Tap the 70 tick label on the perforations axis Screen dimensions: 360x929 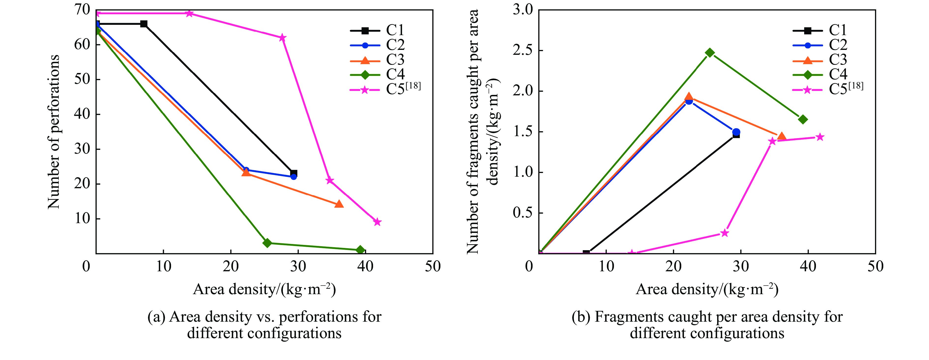pyautogui.click(x=82, y=10)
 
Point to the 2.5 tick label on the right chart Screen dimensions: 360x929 pyautogui.click(x=523, y=51)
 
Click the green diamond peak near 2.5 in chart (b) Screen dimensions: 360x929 pyautogui.click(x=710, y=53)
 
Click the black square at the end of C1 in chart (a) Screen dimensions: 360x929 pyautogui.click(x=293, y=173)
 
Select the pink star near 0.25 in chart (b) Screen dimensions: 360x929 pyautogui.click(x=725, y=233)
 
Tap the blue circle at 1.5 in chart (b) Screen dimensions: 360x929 pyautogui.click(x=736, y=132)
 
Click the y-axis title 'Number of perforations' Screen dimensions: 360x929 pyautogui.click(x=53, y=132)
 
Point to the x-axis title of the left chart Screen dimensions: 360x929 pyautogui.click(x=264, y=289)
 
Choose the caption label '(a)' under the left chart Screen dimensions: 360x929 pyautogui.click(x=156, y=317)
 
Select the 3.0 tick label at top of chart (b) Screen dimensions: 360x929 pyautogui.click(x=523, y=10)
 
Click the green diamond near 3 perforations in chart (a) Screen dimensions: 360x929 pyautogui.click(x=267, y=243)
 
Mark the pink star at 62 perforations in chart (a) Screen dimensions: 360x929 pyautogui.click(x=282, y=38)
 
